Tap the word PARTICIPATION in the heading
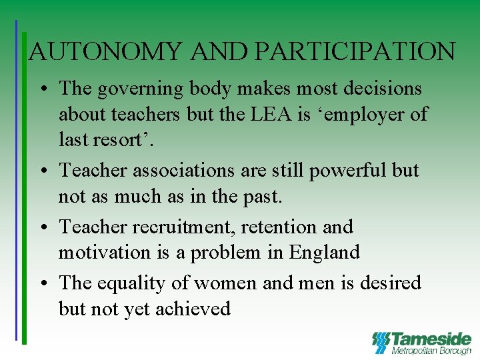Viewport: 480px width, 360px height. click(356, 51)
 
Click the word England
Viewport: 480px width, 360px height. click(324, 253)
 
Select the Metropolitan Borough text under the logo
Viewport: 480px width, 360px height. click(431, 351)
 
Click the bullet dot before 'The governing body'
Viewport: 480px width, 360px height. click(42, 89)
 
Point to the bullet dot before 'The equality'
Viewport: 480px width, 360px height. click(42, 284)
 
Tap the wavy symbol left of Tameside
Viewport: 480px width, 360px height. click(380, 342)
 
